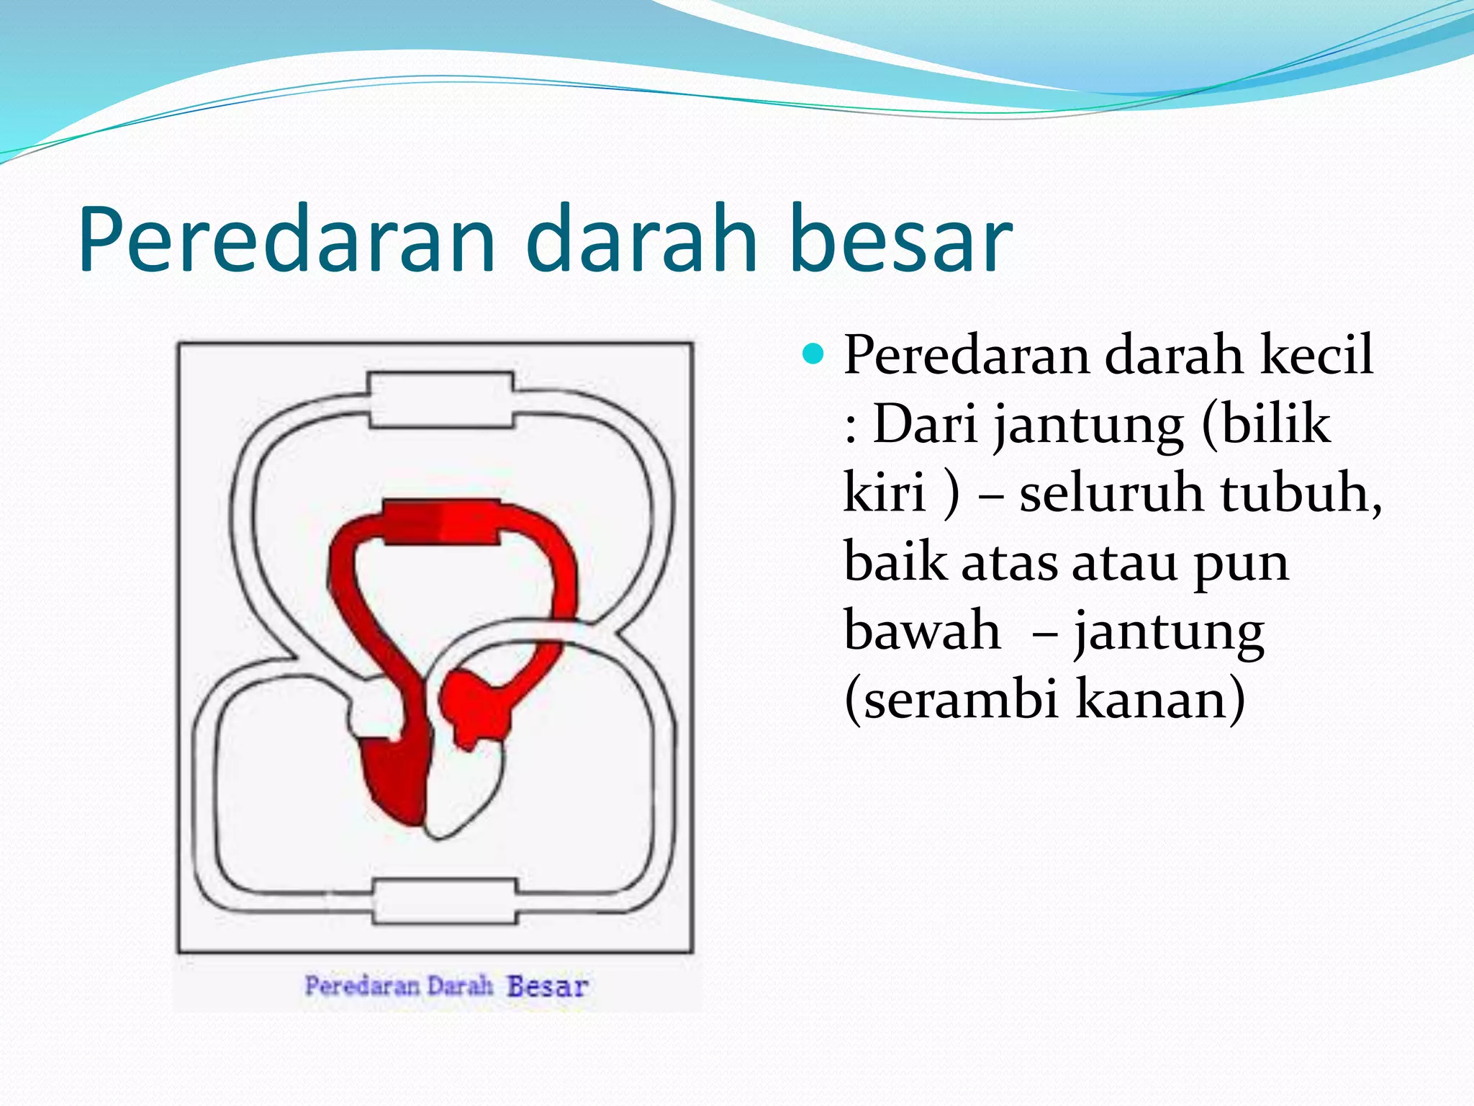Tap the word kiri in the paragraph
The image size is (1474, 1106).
[x=885, y=493]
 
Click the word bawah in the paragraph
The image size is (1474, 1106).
[x=922, y=630]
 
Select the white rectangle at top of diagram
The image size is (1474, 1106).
[x=440, y=400]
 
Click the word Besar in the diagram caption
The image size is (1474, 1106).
[x=547, y=986]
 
